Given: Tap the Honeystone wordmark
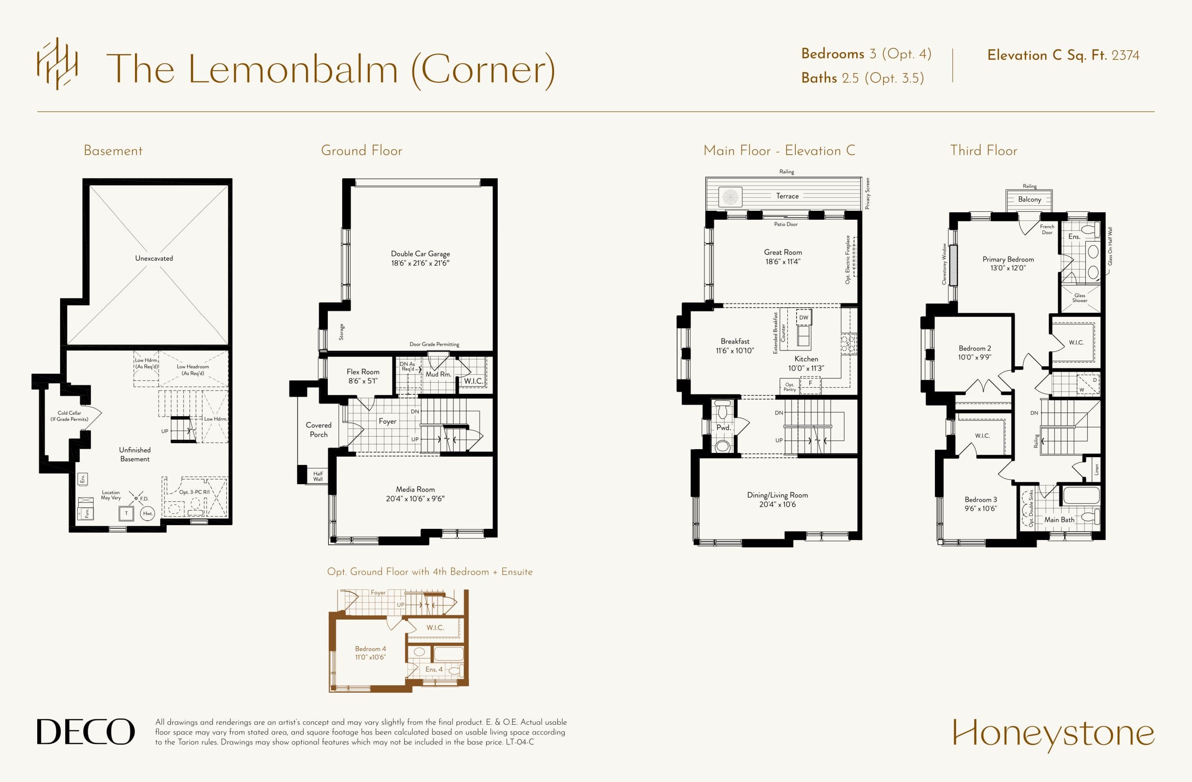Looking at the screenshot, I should coord(1053,734).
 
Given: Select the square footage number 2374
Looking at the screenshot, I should coord(1125,55).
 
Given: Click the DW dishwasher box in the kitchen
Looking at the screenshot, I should coord(803,317).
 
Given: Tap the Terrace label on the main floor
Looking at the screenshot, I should coord(787,196).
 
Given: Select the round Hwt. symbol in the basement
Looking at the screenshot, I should coord(147,513).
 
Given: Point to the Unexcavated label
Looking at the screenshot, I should coord(154,258).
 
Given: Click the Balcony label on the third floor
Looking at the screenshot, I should coord(1029,199).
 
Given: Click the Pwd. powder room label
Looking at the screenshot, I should coord(723,428).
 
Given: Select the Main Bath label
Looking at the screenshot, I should coord(1059,519).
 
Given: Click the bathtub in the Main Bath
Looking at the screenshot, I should coord(1080,496).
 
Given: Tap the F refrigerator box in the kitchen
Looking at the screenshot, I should coord(810,383).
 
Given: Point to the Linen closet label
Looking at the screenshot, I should coord(1096,469).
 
